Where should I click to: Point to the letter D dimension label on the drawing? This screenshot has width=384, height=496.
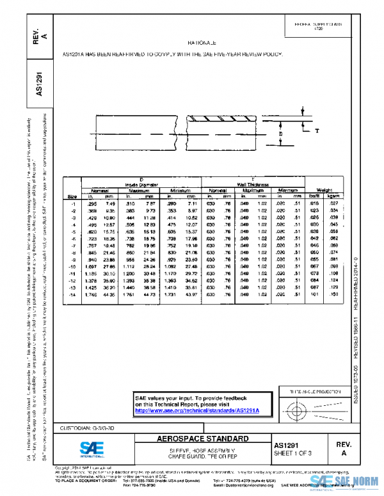coord(280,135)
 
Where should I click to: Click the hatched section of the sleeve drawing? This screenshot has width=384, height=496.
coord(220,119)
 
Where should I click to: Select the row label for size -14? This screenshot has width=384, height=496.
coord(74,294)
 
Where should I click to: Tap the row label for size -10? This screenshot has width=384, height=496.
coord(74,265)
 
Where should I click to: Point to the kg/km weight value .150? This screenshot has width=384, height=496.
coord(350,294)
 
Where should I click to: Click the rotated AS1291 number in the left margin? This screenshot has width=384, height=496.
coord(40,83)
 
